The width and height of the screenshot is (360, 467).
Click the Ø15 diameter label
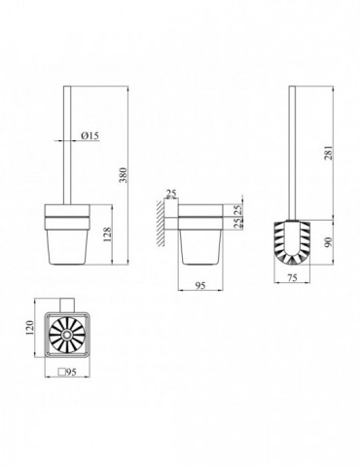[x=90, y=136]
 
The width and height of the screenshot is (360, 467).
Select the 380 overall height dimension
[x=125, y=175]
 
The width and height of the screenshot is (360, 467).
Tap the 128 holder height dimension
[x=107, y=234]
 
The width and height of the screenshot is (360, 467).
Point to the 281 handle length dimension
[x=329, y=153]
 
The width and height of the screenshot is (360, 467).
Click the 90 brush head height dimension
[x=329, y=242]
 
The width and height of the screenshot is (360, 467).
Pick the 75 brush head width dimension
[x=292, y=278]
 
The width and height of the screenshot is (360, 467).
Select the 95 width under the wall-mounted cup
[x=200, y=285]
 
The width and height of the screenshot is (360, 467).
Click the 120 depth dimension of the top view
[x=29, y=328]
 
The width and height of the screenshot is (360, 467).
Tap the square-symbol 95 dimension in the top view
[x=67, y=372]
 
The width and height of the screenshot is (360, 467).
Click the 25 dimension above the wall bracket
[x=171, y=194]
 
